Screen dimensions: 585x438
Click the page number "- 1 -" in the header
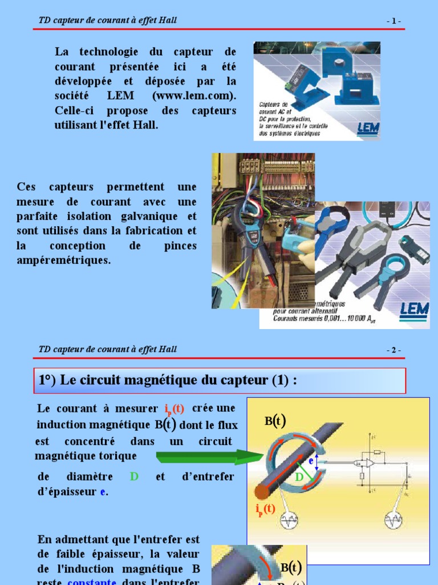tap(394, 21)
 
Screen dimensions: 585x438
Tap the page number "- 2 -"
tap(394, 350)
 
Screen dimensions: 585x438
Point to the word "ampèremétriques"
tap(64, 261)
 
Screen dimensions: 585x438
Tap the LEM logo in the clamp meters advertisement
tap(413, 309)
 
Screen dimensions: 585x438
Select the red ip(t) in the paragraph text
tap(174, 409)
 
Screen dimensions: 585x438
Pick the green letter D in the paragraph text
tap(134, 476)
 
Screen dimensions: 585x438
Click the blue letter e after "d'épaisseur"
tap(103, 491)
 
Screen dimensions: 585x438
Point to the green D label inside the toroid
tap(299, 477)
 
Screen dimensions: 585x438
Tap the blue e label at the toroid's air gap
tap(311, 460)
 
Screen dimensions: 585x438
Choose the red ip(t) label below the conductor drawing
tap(265, 508)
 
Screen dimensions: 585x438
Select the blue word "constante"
tap(92, 582)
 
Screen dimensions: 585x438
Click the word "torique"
tap(117, 456)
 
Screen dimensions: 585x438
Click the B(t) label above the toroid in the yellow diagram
tap(275, 421)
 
